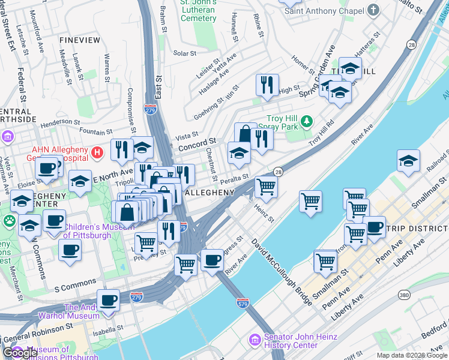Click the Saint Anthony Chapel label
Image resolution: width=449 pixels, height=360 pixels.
[x=324, y=11]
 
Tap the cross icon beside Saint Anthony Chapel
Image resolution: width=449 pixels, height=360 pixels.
[x=373, y=10]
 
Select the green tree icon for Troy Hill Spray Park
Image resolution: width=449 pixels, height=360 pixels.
[x=307, y=122]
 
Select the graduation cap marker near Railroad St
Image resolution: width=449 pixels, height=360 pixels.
[x=408, y=161]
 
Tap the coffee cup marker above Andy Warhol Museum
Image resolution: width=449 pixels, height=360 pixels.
[x=108, y=300]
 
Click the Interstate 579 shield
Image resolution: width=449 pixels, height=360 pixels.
[x=243, y=303]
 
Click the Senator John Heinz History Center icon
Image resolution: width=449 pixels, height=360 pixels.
[x=255, y=340]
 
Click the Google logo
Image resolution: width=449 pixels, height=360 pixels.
[x=20, y=353]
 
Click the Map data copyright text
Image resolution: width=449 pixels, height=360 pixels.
[x=412, y=355]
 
